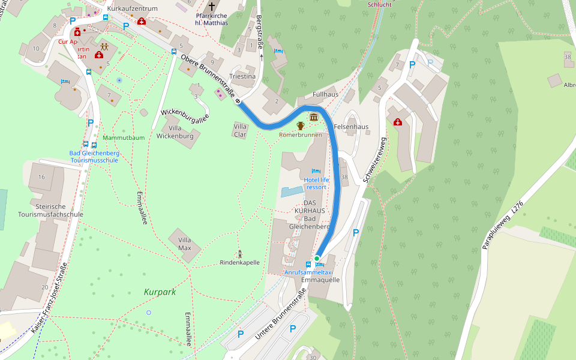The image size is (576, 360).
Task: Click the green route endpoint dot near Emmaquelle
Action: click(x=317, y=258)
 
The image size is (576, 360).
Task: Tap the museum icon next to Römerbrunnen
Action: click(x=314, y=116)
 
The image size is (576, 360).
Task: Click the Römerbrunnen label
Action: click(x=301, y=135)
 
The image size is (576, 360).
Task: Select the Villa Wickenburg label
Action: click(x=175, y=132)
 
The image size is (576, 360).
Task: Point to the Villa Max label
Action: click(x=185, y=244)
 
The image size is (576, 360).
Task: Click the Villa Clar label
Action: click(x=241, y=130)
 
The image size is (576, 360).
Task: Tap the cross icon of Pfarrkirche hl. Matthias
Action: click(x=211, y=6)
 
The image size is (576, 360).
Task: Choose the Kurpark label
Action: click(x=160, y=292)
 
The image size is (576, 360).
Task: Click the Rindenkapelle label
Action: click(x=239, y=263)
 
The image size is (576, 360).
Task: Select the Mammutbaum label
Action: click(x=124, y=137)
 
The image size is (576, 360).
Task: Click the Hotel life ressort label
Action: click(x=316, y=183)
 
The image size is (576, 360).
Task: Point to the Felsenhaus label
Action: click(x=351, y=127)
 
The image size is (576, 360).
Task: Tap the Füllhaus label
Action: click(x=326, y=95)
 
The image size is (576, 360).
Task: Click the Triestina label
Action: click(x=242, y=77)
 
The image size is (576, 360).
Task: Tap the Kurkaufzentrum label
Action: click(x=132, y=8)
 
